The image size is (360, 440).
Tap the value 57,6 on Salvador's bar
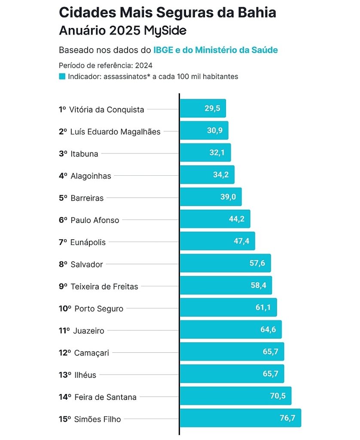pos(257,263)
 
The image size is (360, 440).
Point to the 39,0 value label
pos(228,197)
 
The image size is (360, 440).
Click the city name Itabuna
pos(84,154)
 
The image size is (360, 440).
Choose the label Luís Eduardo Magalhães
pos(115,132)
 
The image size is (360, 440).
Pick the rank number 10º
pos(64,309)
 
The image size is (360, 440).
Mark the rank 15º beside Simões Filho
pos(64,419)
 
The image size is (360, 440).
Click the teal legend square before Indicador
pos(62,76)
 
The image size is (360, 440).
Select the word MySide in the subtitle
pos(165,31)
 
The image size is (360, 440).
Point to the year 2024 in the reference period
pos(143,66)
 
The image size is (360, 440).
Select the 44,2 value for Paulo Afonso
pos(237,219)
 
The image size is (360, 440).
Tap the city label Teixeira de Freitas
pos(104,287)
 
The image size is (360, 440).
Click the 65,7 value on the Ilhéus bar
pos(271,374)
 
